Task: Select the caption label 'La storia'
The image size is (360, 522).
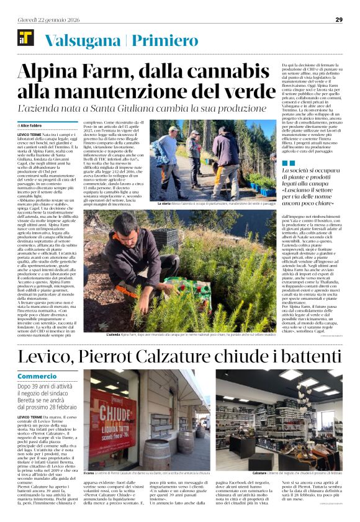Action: coord(164,204)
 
